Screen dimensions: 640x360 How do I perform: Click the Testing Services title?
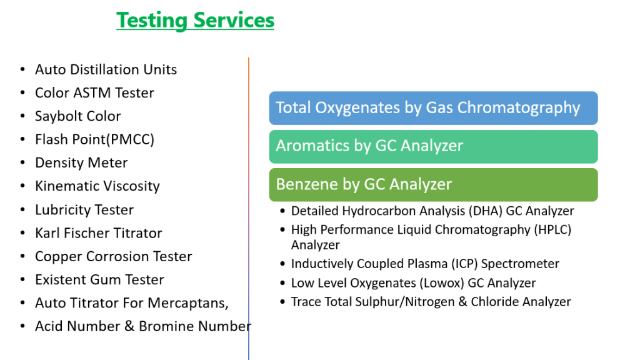[x=195, y=21]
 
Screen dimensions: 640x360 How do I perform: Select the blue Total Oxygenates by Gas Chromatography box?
[x=434, y=108]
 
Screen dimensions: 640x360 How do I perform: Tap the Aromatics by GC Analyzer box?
[x=434, y=146]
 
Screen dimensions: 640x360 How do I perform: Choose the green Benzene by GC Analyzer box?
[x=434, y=184]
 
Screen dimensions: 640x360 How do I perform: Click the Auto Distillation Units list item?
[x=106, y=69]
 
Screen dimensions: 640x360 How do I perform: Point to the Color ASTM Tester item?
[x=95, y=92]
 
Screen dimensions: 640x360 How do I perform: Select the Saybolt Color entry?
[x=78, y=116]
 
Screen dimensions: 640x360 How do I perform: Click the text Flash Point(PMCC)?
[x=95, y=139]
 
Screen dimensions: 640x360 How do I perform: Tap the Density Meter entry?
[x=81, y=163]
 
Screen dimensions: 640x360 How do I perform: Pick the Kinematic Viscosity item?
[x=97, y=186]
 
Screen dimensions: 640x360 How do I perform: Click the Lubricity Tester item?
[x=84, y=210]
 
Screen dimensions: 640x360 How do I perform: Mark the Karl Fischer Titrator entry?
[x=98, y=233]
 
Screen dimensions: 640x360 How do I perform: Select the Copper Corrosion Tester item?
[x=114, y=256]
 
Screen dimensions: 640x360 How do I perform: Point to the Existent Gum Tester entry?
[x=99, y=279]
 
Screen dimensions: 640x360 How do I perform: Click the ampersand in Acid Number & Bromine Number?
[x=129, y=326]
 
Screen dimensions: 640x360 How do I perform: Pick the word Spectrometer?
[x=520, y=264]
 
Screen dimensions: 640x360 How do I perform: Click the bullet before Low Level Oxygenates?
[x=282, y=283]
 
